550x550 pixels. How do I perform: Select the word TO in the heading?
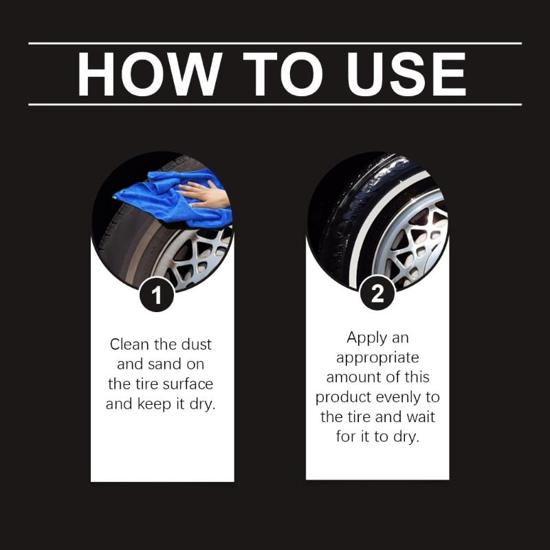click(x=282, y=74)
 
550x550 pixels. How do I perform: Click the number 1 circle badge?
click(x=157, y=296)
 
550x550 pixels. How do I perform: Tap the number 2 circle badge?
click(x=377, y=294)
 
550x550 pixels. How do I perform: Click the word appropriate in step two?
click(x=377, y=357)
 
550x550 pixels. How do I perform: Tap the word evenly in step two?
click(x=408, y=397)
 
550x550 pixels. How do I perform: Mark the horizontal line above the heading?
click(x=275, y=43)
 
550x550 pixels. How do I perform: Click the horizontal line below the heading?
click(x=275, y=104)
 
